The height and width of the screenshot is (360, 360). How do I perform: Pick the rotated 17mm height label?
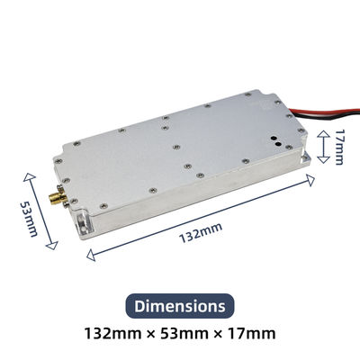click(x=338, y=146)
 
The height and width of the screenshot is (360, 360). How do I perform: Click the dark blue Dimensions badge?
click(x=179, y=306)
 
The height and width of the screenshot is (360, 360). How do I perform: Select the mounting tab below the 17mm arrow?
click(x=311, y=161)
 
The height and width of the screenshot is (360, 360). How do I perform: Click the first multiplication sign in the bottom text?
click(x=148, y=335)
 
